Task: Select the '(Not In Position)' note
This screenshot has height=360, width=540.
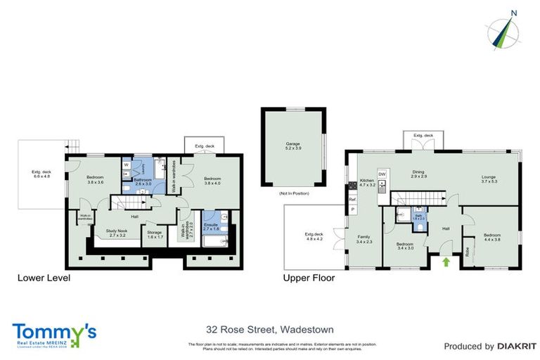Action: [292, 193]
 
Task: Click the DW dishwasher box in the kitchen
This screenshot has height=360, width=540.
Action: [382, 174]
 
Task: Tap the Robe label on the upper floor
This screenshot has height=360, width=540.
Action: [468, 250]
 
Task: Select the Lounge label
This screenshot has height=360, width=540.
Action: [489, 179]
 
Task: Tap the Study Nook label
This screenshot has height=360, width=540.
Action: [115, 232]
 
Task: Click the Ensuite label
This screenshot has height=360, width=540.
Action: [212, 226]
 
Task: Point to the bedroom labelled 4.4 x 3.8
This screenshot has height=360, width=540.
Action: [491, 238]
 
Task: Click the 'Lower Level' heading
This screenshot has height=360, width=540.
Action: [43, 278]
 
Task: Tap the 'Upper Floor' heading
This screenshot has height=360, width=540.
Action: [309, 278]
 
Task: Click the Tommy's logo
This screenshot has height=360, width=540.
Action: [54, 333]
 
